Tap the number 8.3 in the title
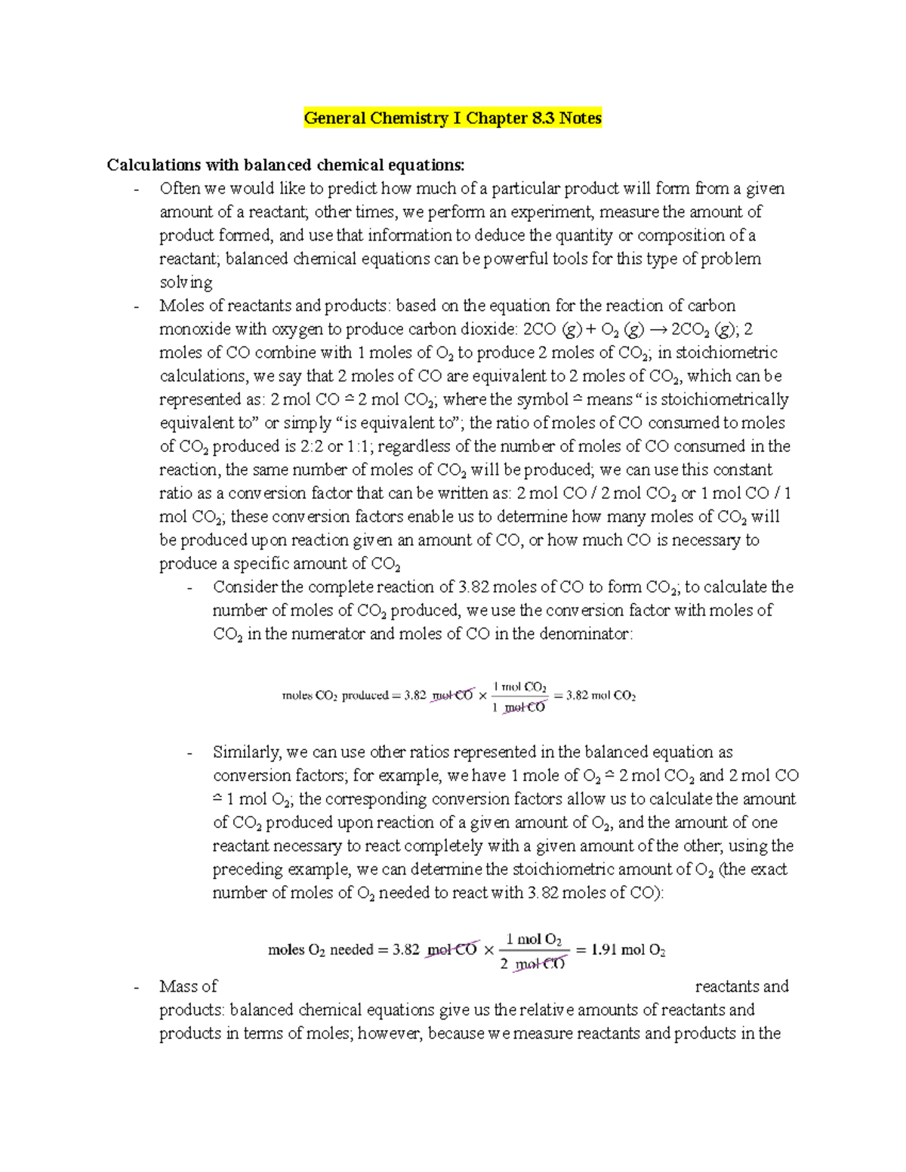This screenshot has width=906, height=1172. coord(539,118)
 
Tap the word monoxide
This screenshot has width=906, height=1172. coord(195,329)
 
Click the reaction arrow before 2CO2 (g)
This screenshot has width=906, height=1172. coord(657,329)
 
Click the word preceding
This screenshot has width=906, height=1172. coord(248,869)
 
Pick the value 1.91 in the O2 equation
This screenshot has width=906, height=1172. coord(603,950)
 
